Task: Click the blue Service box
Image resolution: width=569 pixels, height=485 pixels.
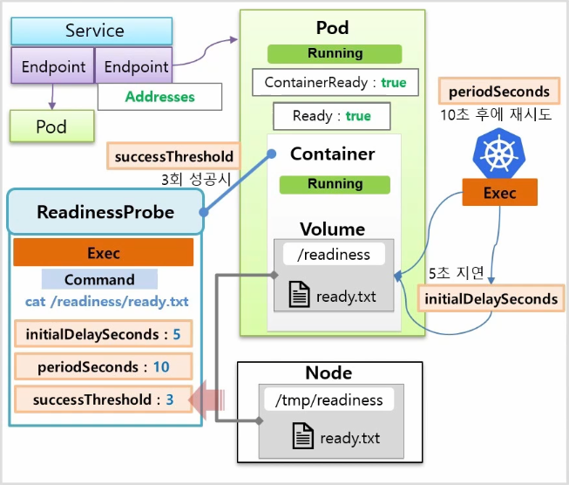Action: pos(91,31)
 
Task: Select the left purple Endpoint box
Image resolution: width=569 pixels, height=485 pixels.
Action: pos(52,65)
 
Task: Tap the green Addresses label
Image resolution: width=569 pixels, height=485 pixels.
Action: pos(159,97)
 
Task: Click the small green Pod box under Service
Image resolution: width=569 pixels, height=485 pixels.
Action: pos(52,126)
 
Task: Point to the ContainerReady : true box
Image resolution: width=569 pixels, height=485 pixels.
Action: pos(335,83)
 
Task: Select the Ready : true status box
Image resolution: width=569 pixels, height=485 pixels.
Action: pos(332,116)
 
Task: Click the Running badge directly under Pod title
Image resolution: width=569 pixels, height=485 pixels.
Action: pos(335,54)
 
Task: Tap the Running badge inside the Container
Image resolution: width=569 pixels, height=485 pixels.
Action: pos(335,185)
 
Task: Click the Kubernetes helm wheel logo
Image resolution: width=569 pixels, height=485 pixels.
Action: pos(499,154)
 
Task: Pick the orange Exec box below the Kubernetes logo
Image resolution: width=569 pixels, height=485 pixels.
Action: pos(499,192)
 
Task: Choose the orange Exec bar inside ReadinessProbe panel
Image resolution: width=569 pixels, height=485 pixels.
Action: pos(104,252)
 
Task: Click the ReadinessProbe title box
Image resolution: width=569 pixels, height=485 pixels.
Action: pos(105,211)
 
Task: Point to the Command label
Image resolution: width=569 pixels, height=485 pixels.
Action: pos(99,279)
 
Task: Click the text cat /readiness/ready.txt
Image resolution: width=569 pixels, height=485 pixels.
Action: pos(106,302)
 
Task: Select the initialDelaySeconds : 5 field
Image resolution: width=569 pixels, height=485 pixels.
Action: pos(104,334)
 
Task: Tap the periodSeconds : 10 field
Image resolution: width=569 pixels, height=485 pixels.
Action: pos(104,366)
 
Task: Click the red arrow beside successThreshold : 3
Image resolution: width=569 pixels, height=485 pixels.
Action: pos(207,400)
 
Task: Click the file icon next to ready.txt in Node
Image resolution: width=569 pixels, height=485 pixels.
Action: pos(303,436)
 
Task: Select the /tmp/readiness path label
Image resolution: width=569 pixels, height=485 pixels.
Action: pos(329,400)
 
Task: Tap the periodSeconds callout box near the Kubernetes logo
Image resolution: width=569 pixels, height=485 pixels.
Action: pos(499,92)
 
